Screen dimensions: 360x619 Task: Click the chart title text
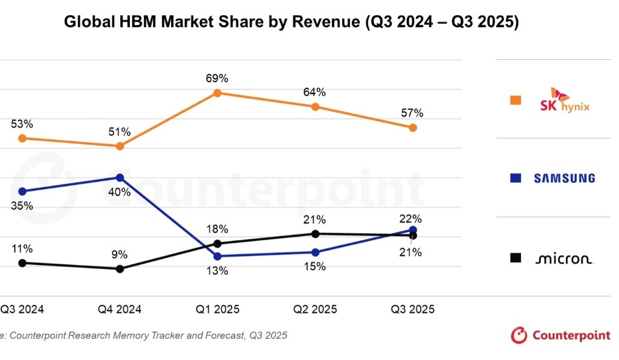(x=291, y=23)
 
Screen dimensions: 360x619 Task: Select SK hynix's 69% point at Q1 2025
(x=218, y=93)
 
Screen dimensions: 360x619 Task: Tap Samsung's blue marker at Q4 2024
(x=120, y=178)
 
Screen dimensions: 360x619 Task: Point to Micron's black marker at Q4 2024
(x=120, y=269)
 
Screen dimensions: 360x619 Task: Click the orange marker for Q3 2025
(x=413, y=127)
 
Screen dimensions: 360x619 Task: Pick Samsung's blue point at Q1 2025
(x=218, y=256)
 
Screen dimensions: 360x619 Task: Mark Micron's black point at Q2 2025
(x=315, y=234)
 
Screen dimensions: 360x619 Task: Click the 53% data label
(x=22, y=124)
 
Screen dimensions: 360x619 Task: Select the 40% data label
(x=120, y=193)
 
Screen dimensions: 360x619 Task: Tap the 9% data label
(x=120, y=254)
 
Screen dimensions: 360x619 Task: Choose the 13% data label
(x=217, y=271)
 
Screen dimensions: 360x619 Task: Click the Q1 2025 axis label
(x=218, y=309)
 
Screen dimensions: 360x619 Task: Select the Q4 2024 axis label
(x=120, y=309)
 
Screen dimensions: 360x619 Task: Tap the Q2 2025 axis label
(x=315, y=309)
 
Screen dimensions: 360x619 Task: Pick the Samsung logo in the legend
(x=564, y=178)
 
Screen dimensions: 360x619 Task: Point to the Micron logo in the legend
(x=564, y=259)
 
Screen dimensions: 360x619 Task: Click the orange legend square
(x=516, y=100)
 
